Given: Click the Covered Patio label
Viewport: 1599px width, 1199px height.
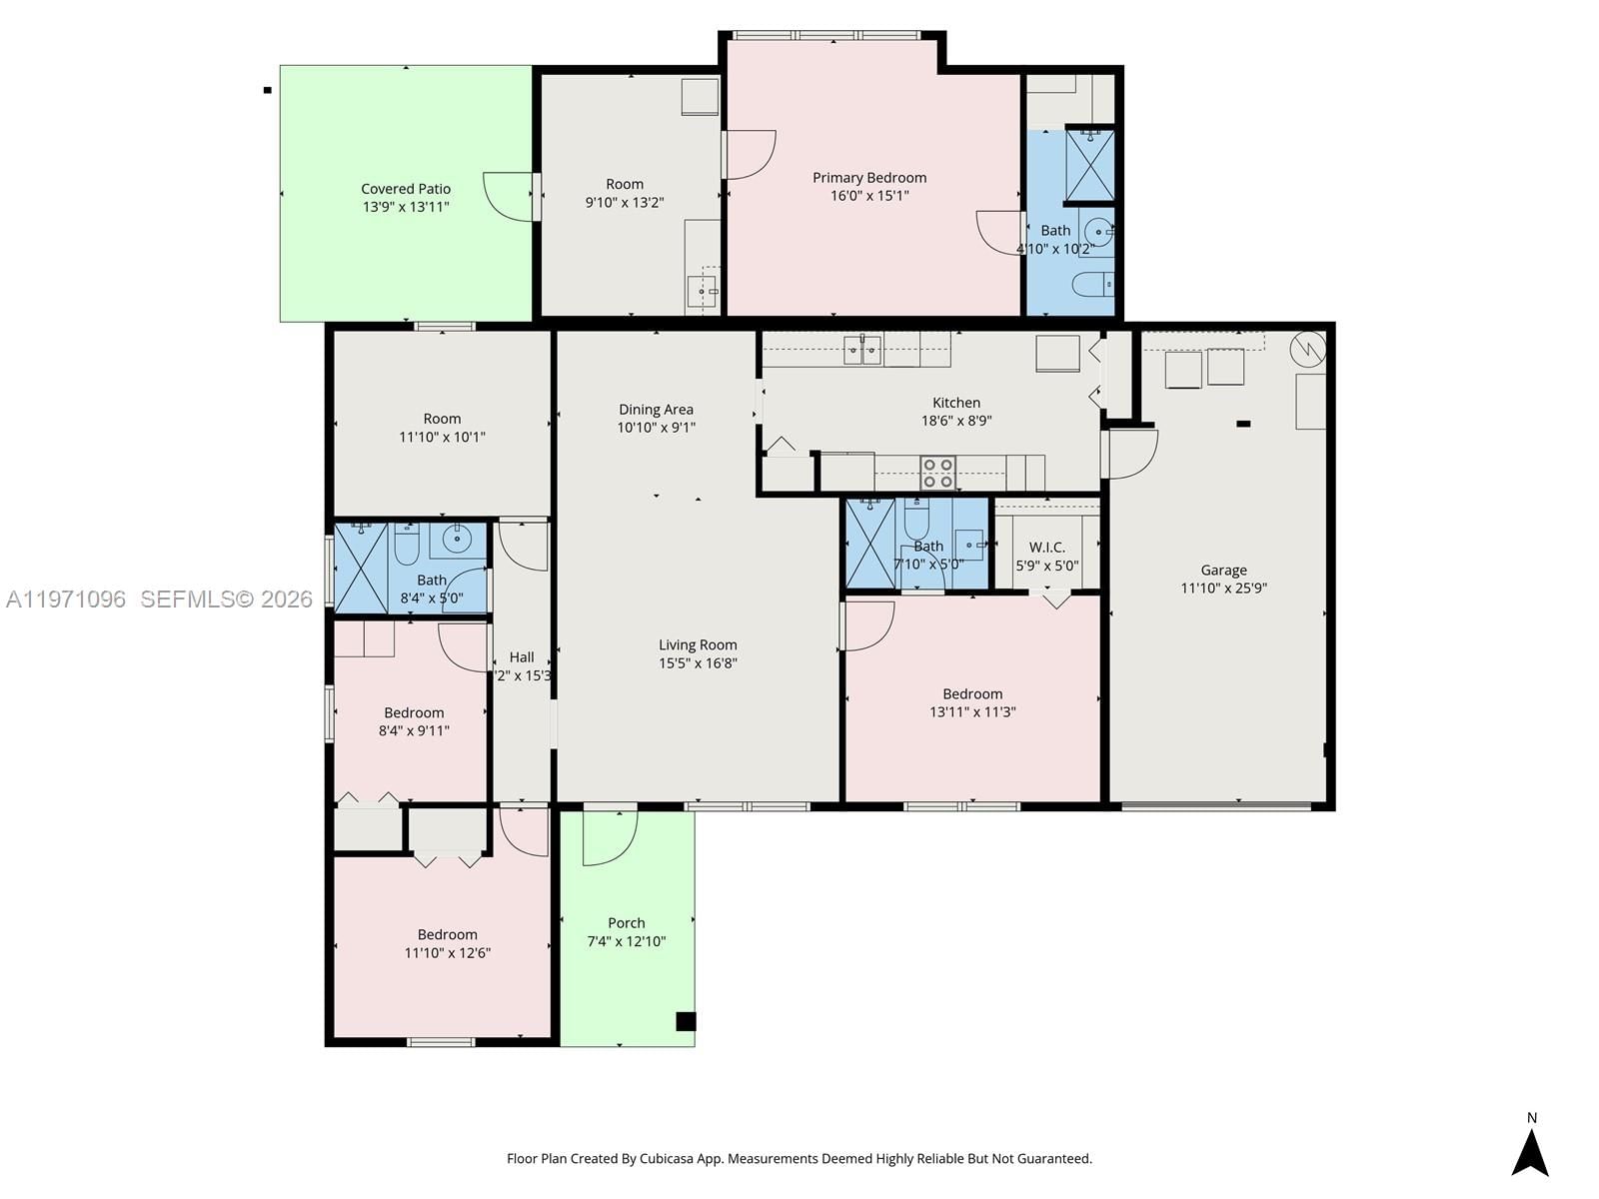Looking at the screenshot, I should (x=406, y=189).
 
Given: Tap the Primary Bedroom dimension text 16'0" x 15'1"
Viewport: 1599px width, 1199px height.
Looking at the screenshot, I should (x=869, y=196).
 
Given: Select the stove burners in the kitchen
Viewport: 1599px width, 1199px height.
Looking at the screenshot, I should (x=937, y=473).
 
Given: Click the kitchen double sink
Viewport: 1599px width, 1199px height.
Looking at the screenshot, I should (x=861, y=349).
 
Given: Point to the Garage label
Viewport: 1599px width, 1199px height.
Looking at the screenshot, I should (x=1223, y=571).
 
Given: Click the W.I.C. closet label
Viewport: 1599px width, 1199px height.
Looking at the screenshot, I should (x=1046, y=548).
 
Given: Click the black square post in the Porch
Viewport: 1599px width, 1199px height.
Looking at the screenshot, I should (x=686, y=1021).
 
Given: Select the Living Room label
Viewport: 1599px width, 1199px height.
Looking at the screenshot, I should (x=698, y=645).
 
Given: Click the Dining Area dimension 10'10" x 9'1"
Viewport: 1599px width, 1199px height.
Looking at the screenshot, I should (x=656, y=428).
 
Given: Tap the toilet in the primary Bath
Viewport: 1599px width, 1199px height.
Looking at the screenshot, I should (x=1092, y=285).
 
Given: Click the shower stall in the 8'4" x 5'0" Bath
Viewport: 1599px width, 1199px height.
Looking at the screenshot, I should (x=360, y=568).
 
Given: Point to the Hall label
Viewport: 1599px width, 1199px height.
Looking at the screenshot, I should (x=522, y=657).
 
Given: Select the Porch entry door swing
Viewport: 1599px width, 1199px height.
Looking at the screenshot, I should (x=610, y=837).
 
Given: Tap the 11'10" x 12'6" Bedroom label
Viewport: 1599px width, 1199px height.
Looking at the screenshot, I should (x=447, y=935).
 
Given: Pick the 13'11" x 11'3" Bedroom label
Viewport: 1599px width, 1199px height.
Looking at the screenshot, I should (x=972, y=694).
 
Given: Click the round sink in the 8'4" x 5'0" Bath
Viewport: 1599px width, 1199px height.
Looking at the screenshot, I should (x=457, y=540).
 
